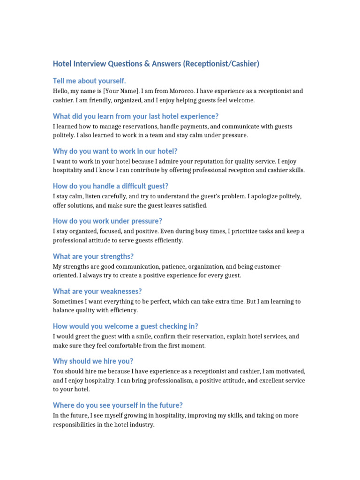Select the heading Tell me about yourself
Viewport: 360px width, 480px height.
(x=90, y=81)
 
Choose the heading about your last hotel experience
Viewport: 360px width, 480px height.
(x=136, y=116)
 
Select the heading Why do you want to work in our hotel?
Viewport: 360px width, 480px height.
(x=115, y=151)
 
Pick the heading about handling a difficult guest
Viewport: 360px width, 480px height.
(x=111, y=186)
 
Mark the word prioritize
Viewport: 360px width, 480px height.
(x=241, y=231)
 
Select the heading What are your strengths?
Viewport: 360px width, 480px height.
(x=93, y=256)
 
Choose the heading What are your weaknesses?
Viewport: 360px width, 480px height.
(x=97, y=291)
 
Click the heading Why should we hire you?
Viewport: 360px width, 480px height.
(x=93, y=361)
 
